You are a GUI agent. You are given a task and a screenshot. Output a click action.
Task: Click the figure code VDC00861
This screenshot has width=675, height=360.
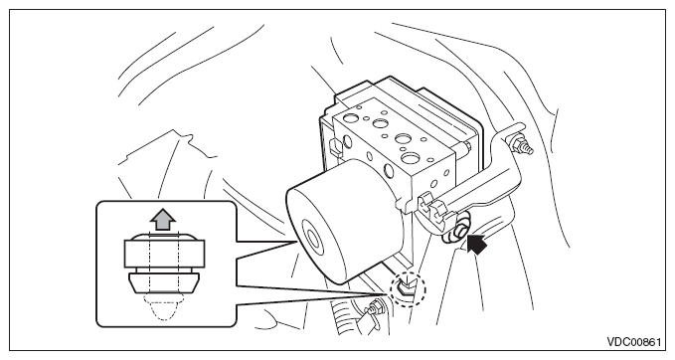[633, 342]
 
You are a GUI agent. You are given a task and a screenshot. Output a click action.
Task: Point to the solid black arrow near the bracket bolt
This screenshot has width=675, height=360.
[476, 244]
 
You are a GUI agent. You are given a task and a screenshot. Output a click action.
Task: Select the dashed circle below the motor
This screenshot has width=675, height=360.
[408, 289]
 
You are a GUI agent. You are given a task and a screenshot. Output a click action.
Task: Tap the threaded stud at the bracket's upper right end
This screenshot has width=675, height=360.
[523, 144]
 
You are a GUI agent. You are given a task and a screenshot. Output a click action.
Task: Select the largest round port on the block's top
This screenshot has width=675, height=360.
[410, 157]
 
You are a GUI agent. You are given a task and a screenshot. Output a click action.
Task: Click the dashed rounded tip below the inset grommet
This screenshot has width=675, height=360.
[164, 305]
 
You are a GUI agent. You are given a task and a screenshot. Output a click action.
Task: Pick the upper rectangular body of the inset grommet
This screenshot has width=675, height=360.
[164, 254]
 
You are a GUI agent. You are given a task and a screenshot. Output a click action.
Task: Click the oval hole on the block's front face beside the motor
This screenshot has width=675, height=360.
[389, 171]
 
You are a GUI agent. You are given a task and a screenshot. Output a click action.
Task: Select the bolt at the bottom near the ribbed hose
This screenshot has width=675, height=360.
[373, 308]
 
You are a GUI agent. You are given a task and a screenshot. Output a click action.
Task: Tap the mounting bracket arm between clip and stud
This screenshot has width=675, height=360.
[482, 181]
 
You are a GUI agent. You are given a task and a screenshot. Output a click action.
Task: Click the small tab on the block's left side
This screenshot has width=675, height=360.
[334, 147]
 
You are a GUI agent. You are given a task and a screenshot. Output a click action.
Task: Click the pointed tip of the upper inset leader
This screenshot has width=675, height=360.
[297, 242]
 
